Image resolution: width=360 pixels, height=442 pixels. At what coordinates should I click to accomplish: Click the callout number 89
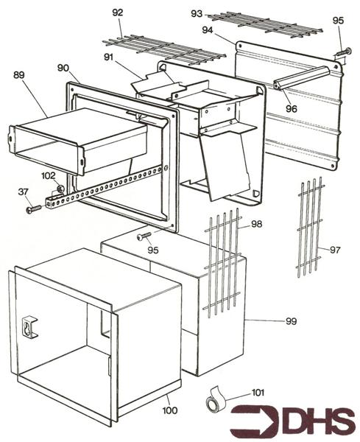pyautogui.click(x=19, y=75)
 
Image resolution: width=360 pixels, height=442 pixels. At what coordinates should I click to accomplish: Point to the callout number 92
pyautogui.click(x=118, y=13)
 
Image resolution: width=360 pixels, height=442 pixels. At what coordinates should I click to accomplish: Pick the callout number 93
pyautogui.click(x=197, y=14)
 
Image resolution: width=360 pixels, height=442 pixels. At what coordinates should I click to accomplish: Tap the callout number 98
pyautogui.click(x=256, y=223)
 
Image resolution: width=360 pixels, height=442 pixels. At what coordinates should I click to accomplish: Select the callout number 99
pyautogui.click(x=292, y=321)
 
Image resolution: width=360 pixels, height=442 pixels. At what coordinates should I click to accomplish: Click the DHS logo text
pyautogui.click(x=311, y=421)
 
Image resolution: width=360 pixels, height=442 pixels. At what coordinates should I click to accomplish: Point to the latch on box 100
pyautogui.click(x=31, y=326)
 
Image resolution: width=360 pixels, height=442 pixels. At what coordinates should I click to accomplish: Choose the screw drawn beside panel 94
pyautogui.click(x=344, y=51)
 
